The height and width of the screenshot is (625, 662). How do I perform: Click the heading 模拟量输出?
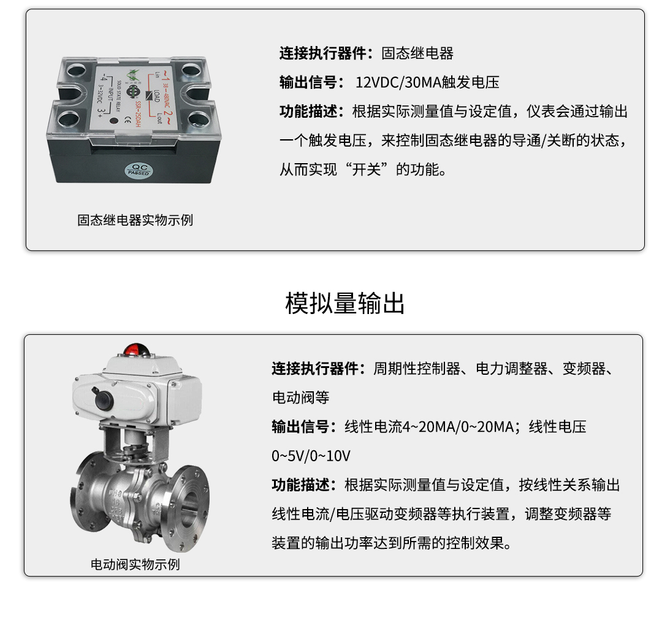[x=344, y=303]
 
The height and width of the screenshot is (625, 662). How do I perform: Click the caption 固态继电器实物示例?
[x=135, y=220]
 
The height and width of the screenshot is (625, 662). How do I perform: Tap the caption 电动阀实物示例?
[x=135, y=564]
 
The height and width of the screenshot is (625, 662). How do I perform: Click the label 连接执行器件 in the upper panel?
[x=322, y=54]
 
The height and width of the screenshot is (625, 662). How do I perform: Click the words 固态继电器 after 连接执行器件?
[x=417, y=54]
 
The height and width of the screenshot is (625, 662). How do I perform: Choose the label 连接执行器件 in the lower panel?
[x=315, y=369]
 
